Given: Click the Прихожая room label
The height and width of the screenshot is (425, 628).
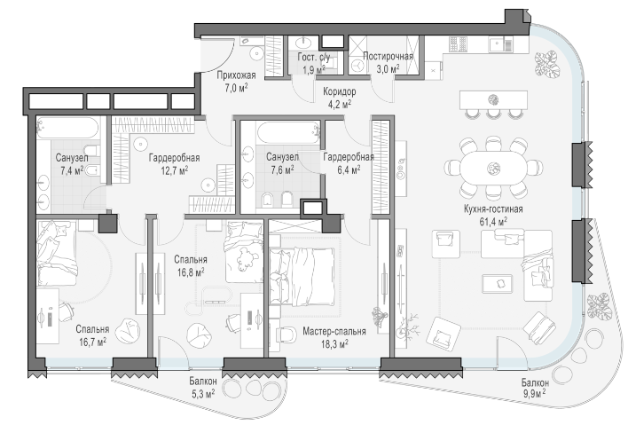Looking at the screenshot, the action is click(236, 75).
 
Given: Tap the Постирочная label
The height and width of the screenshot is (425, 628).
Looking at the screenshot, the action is click(388, 56).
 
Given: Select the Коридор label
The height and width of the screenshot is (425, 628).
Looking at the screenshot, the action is click(339, 91).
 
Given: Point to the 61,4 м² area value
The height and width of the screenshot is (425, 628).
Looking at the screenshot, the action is click(493, 222).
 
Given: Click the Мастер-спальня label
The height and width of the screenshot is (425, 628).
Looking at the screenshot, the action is click(334, 332).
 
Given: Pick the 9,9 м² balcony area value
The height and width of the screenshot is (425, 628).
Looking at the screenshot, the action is click(535, 394).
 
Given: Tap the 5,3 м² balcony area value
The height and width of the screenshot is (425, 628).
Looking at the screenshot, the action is click(203, 394).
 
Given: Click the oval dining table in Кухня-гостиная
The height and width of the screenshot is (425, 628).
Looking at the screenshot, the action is click(493, 168).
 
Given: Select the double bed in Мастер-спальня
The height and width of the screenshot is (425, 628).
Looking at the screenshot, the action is click(302, 277).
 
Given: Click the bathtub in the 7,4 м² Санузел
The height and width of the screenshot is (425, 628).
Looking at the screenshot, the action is click(67, 128).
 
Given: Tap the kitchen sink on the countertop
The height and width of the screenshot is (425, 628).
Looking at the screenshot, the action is click(500, 43).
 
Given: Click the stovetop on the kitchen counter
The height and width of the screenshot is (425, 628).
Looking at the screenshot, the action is click(459, 44).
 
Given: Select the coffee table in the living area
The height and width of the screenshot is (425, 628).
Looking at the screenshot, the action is click(497, 284).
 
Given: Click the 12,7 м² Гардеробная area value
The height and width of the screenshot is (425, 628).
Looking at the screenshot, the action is click(174, 170).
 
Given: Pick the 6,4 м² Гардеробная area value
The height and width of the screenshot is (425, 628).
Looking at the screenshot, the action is click(348, 170).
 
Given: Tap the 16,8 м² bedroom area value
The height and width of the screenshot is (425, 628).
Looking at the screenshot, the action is click(191, 272).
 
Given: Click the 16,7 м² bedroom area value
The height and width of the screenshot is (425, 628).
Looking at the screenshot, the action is click(92, 342).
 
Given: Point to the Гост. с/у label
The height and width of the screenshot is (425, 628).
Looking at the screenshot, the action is click(314, 58).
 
